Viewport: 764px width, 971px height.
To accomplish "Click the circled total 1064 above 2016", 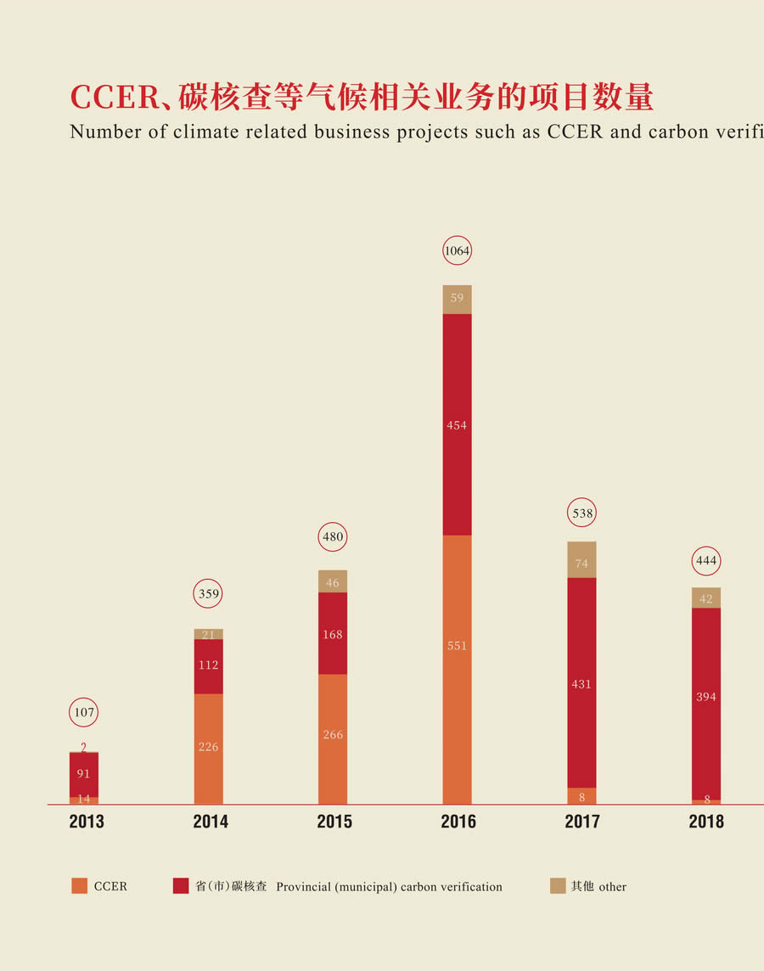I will tap(457, 251).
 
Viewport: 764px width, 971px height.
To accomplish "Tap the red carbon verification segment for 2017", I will tap(581, 682).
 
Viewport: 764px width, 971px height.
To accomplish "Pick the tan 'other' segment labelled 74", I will tap(581, 560).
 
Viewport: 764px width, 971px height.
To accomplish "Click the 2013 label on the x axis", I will tap(87, 822).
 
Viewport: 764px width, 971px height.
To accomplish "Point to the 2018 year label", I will tap(706, 822).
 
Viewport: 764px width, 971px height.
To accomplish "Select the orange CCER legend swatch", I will tap(79, 886).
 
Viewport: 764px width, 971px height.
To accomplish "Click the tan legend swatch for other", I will tap(558, 886).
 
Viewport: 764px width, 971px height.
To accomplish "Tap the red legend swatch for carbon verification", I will tap(181, 886).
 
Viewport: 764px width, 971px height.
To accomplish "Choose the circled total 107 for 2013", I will tap(84, 712).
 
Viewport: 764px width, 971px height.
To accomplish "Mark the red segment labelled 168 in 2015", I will tap(333, 633).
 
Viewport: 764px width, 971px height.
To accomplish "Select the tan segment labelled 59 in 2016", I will tap(457, 300).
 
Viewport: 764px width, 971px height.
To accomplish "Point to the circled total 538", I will tap(582, 513).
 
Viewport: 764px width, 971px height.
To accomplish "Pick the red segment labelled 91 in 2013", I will tap(84, 774).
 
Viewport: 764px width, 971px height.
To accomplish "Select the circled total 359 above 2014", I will tap(209, 594).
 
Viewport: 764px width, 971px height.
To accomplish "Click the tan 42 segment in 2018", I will tap(706, 598).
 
